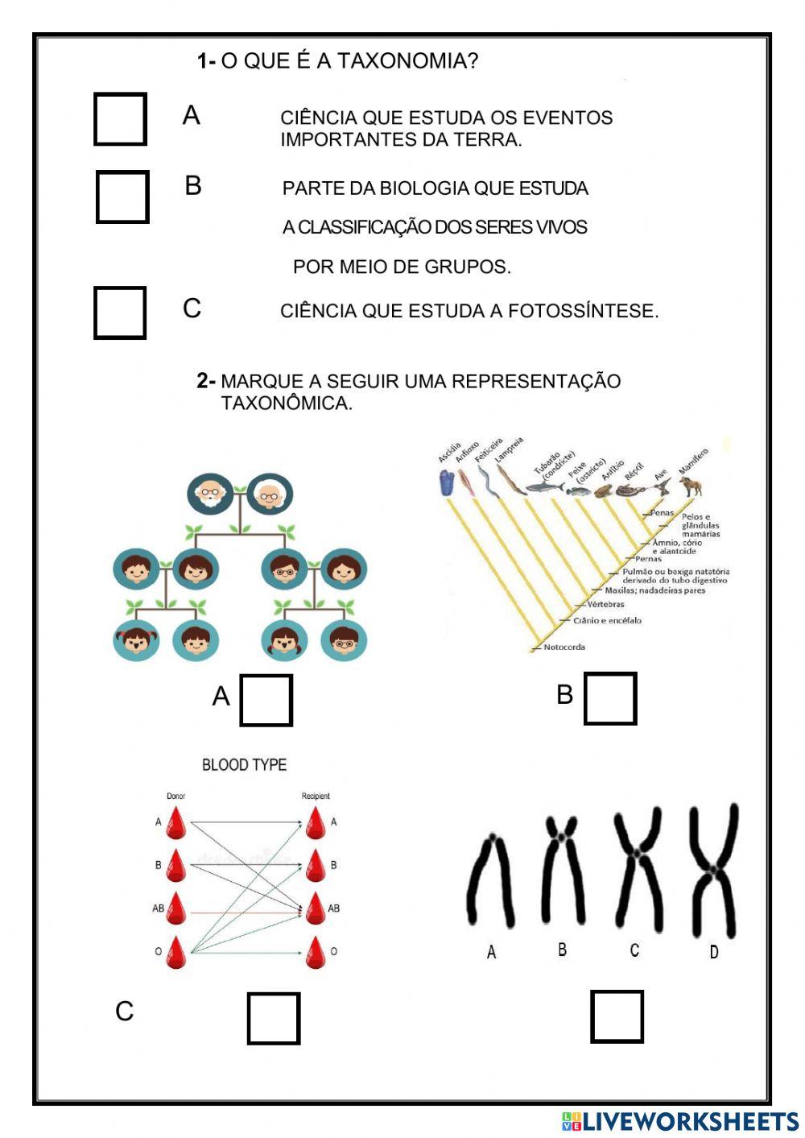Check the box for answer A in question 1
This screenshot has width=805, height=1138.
120,119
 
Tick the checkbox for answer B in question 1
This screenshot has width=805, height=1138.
122,197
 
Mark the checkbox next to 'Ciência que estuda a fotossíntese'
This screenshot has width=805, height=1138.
120,312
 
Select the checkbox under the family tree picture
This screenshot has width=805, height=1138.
266,700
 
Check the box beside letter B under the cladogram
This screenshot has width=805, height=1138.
609,698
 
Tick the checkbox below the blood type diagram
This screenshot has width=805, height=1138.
273,1018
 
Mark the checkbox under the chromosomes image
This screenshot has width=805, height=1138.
617,1016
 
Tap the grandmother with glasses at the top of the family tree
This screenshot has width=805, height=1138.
270,495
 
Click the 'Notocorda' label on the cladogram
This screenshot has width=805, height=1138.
563,647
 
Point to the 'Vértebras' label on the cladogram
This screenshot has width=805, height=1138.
605,604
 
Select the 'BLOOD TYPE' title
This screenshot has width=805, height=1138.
244,764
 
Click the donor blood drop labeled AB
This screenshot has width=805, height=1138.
175,908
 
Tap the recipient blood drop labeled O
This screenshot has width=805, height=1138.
315,952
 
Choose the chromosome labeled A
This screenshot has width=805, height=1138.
490,882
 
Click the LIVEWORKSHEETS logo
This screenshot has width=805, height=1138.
680,1122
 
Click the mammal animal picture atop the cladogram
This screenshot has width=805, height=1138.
690,486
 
